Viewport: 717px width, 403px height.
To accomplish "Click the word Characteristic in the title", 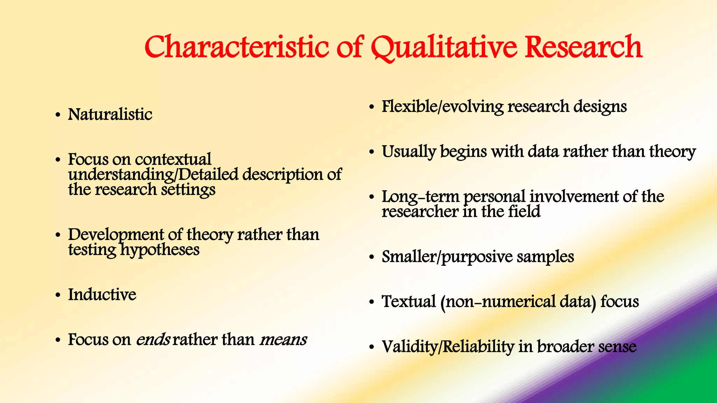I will [236, 47].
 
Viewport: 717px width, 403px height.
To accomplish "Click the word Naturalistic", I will [110, 114].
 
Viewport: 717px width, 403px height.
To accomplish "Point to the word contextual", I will [173, 160].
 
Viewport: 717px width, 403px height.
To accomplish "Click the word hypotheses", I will [160, 250].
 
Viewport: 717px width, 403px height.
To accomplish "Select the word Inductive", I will [102, 295].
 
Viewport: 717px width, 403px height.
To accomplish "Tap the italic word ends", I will [153, 340].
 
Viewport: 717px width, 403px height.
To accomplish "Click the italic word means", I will [283, 340].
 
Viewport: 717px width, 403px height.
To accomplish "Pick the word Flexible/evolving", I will [442, 107].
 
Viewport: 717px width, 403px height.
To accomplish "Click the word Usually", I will [409, 152].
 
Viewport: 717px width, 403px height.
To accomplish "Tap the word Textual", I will [409, 302].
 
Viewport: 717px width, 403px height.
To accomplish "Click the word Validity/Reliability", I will [448, 347].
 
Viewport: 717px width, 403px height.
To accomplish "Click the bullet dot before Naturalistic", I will [58, 115].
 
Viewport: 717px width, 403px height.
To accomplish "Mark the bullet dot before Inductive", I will [58, 295].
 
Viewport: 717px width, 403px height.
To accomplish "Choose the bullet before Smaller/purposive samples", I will [371, 258].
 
